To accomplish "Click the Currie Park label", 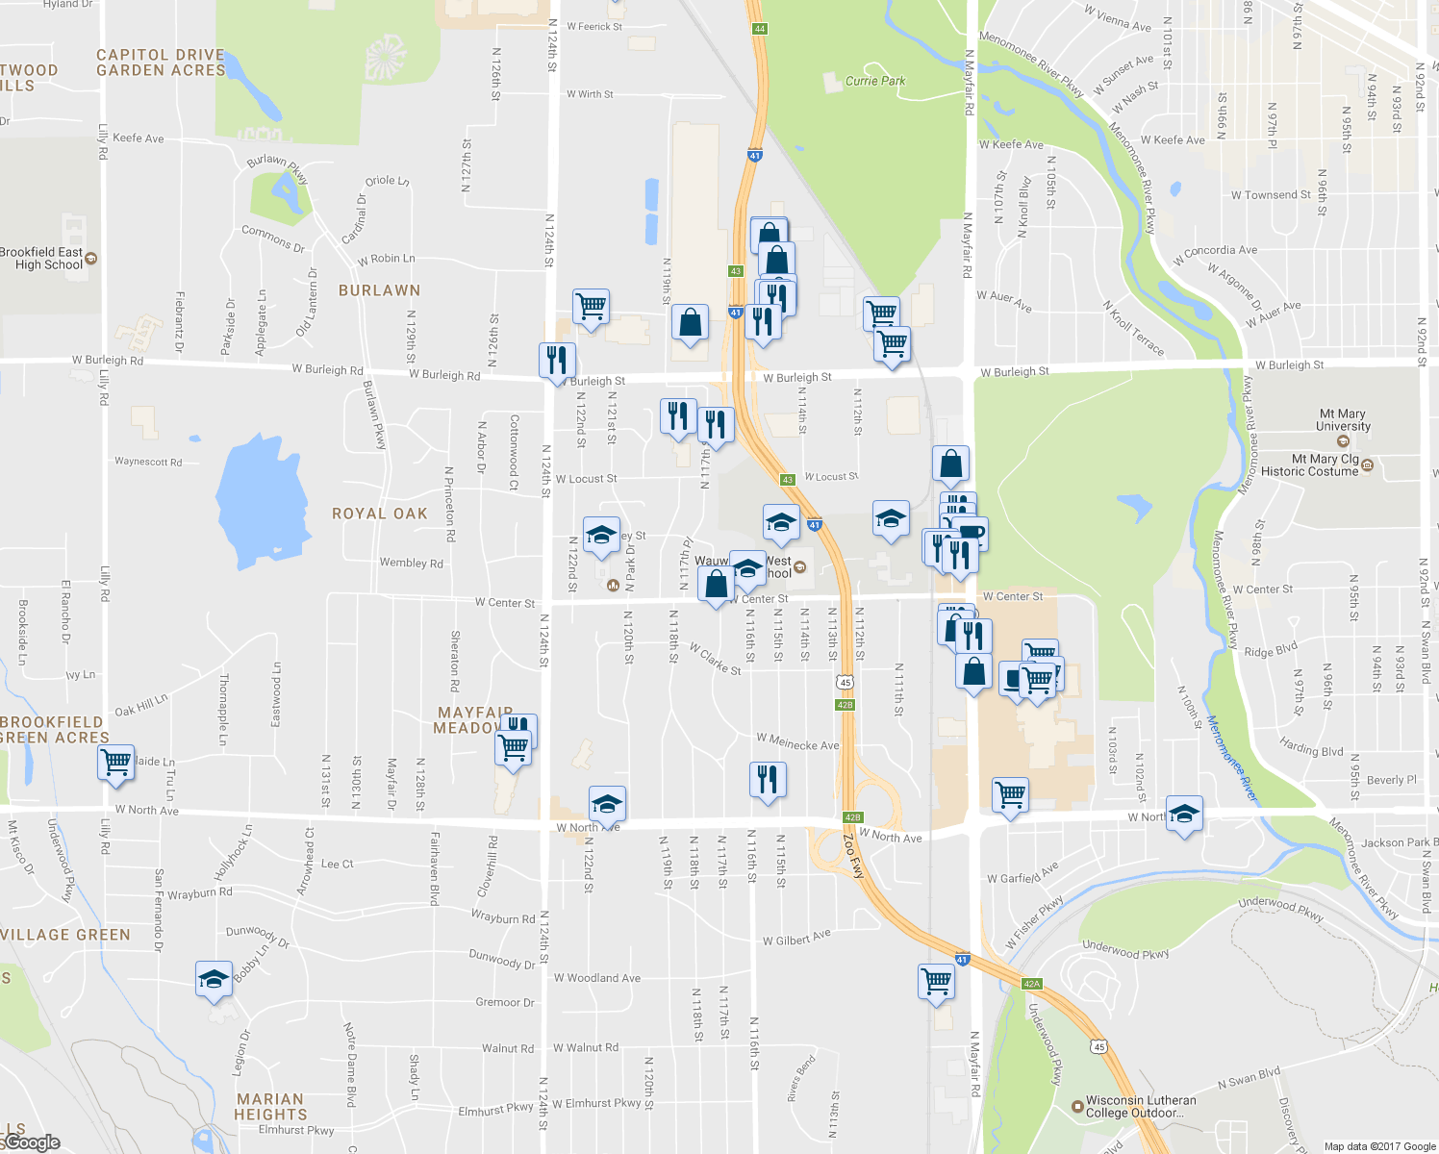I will (x=874, y=81).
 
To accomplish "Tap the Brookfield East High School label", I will (x=43, y=259).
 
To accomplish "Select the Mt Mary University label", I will (x=1343, y=420).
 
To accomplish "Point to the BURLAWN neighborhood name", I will (x=379, y=290).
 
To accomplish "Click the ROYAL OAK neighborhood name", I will (x=379, y=514).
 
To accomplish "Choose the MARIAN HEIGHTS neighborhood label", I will (x=270, y=1106).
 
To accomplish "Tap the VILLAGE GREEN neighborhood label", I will (x=65, y=935).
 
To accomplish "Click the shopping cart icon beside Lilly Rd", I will (x=116, y=763).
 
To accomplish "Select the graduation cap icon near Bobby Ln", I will (x=214, y=979).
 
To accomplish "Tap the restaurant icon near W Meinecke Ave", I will (x=767, y=779).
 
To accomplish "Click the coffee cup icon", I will (x=972, y=531).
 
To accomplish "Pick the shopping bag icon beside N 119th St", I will (x=690, y=322).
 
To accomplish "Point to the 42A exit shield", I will (x=1031, y=984).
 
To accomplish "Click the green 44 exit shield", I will (x=760, y=29).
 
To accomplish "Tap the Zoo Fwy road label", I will (x=854, y=856).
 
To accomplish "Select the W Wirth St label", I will (x=590, y=94).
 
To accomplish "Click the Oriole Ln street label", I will (x=387, y=181).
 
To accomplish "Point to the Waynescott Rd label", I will (x=148, y=462).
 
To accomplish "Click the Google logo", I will (x=31, y=1142).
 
